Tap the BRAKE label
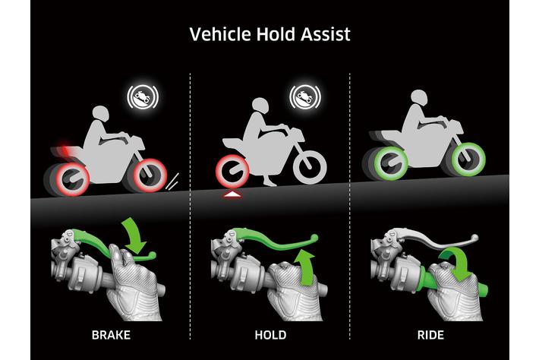tap(111, 335)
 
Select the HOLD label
tap(270, 335)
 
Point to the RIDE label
tap(430, 335)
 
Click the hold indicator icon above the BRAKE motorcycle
tap(143, 97)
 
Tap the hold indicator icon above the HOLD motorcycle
tap(305, 96)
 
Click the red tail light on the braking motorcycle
tap(64, 149)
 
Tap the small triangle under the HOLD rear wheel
tap(232, 195)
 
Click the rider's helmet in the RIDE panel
tap(419, 99)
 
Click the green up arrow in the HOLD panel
tap(305, 268)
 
